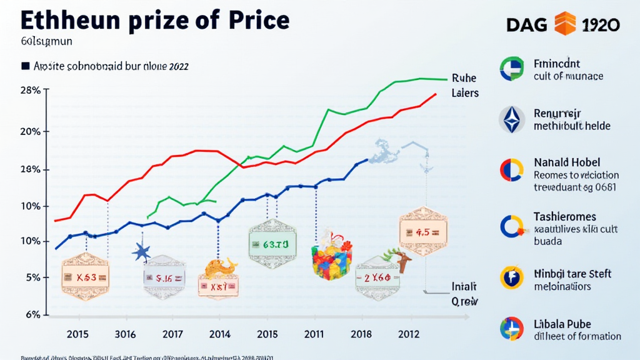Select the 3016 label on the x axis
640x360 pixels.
[x=121, y=334]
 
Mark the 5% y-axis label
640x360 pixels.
[x=33, y=277]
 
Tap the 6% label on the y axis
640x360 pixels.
[x=32, y=314]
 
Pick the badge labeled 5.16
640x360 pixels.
[x=164, y=278]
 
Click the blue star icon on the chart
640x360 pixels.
[x=142, y=252]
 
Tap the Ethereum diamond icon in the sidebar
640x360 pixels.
[x=512, y=119]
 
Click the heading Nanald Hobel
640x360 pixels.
[x=566, y=162]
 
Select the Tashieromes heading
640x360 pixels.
[x=573, y=216]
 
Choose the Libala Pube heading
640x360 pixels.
[x=562, y=324]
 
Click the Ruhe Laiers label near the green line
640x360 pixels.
[x=464, y=86]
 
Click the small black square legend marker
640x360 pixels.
[x=26, y=65]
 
